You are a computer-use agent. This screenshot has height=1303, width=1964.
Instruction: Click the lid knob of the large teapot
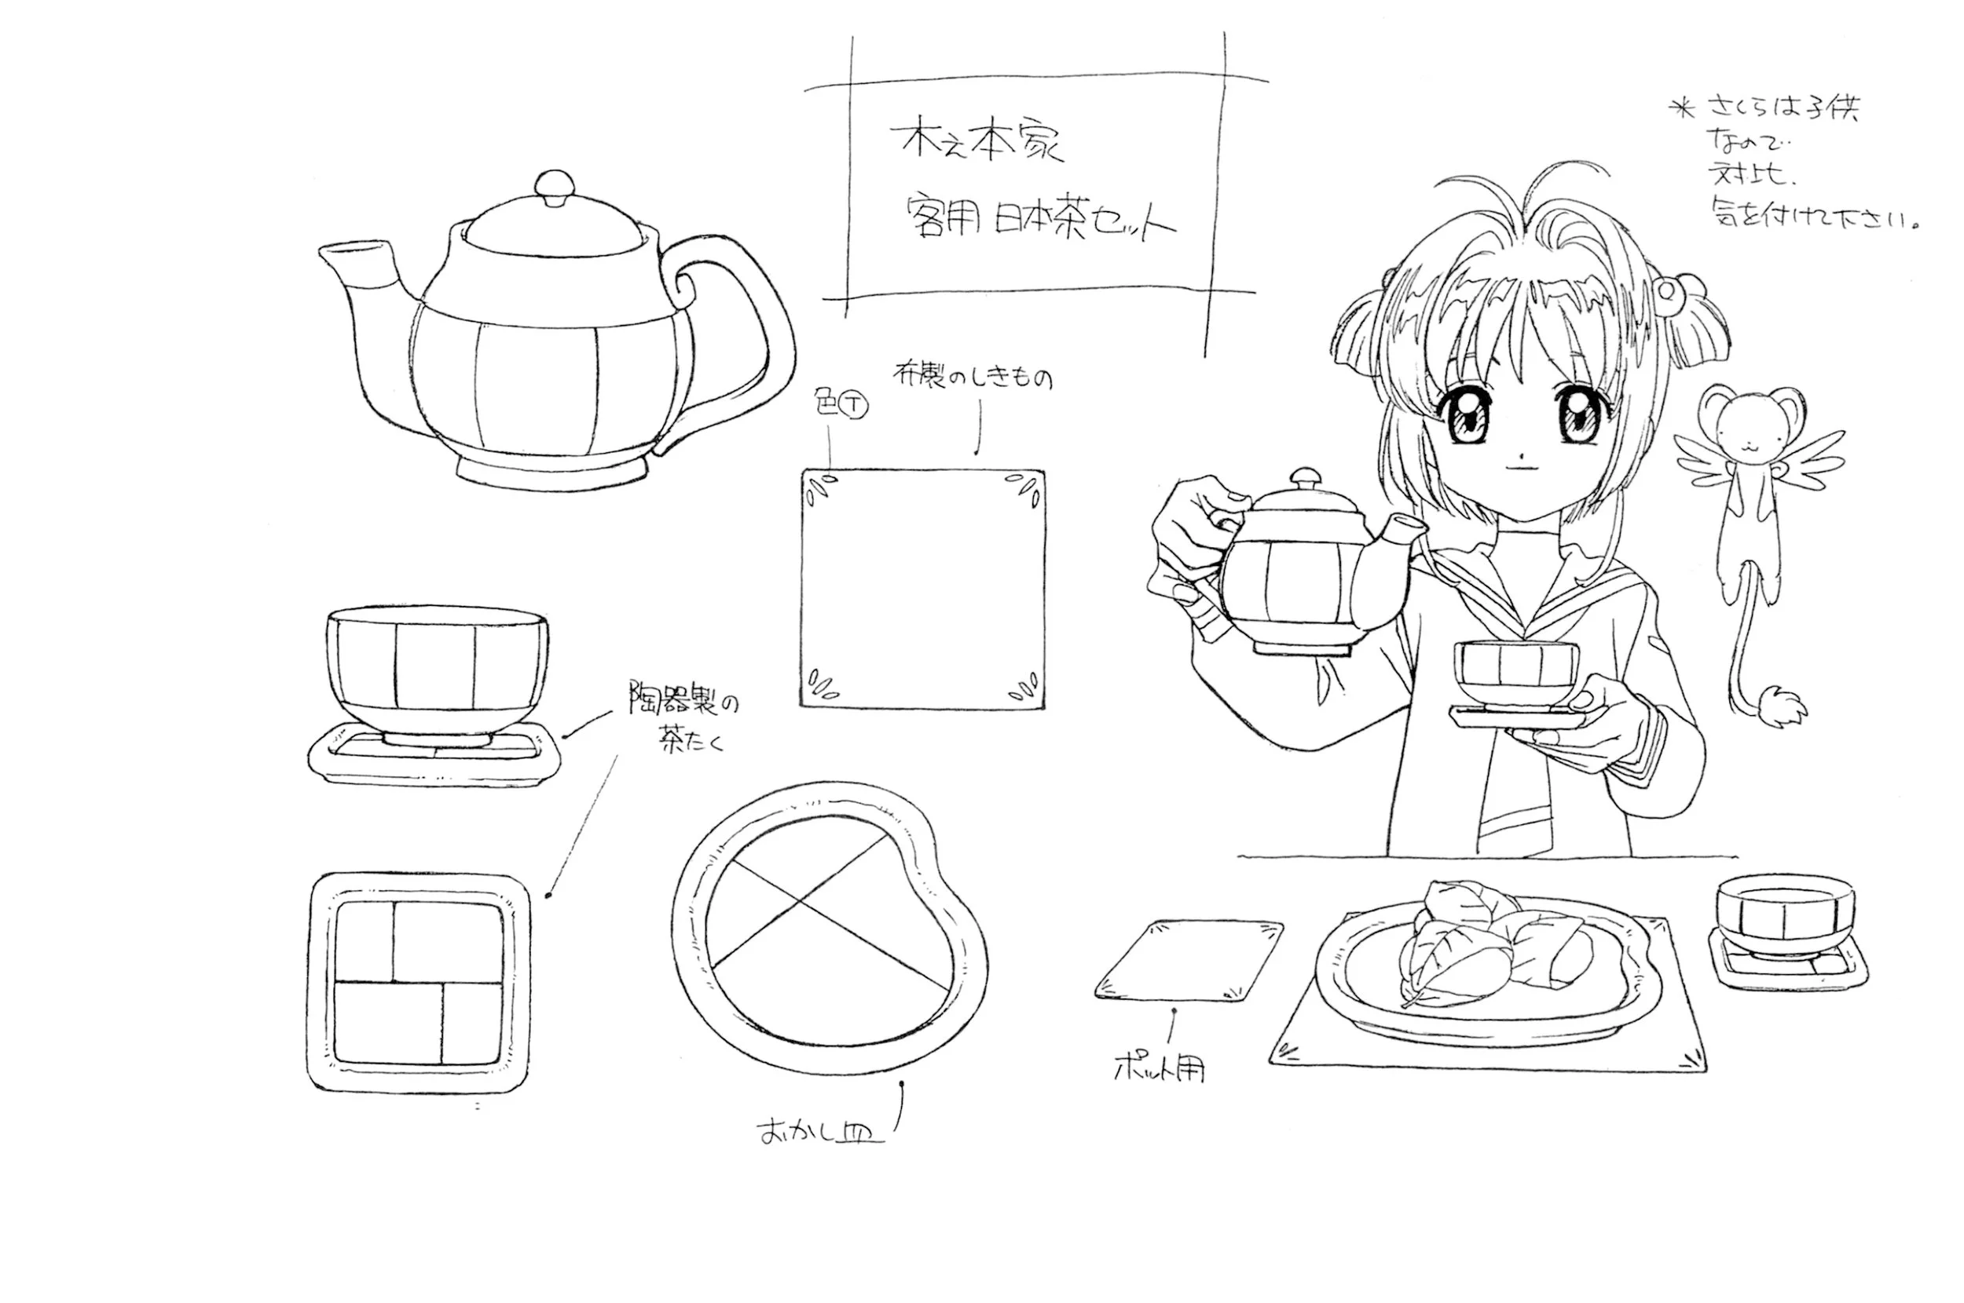coord(554,186)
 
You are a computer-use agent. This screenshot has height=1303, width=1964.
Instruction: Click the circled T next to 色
coord(854,406)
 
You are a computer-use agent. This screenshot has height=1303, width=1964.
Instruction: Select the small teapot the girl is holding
coord(1297,573)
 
